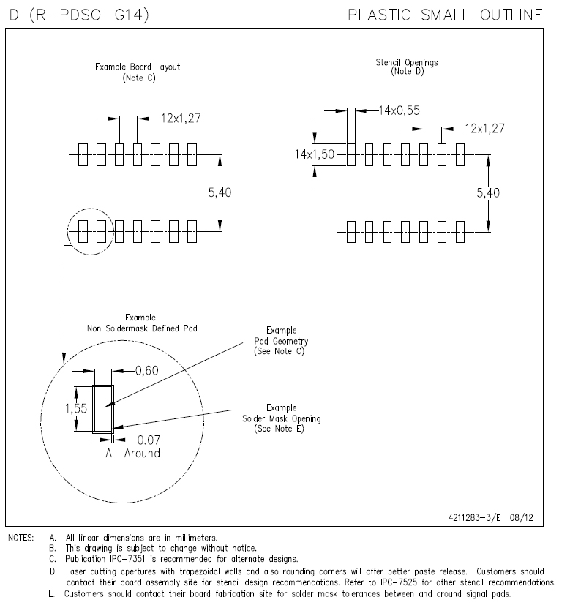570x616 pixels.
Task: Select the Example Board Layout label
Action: [138, 72]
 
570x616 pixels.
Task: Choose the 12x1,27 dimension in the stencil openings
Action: [484, 129]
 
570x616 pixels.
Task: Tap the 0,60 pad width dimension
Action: [147, 371]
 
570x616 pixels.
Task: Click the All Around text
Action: [132, 453]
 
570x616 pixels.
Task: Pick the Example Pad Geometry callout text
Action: [282, 341]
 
